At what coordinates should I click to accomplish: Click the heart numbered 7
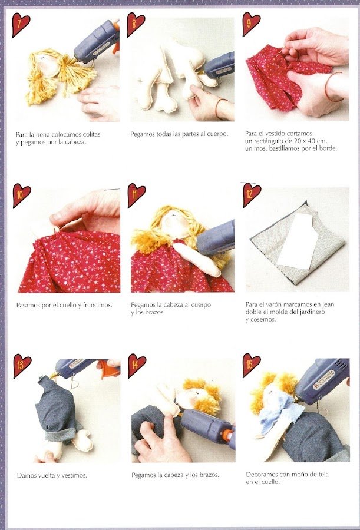[x=21, y=24]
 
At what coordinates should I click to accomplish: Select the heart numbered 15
[x=252, y=365]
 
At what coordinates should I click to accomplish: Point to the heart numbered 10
[x=22, y=196]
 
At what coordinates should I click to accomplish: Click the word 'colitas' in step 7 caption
[x=90, y=134]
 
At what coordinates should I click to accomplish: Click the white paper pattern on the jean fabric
[x=298, y=241]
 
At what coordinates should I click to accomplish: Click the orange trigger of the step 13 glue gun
[x=109, y=369]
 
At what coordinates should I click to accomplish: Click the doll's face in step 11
[x=176, y=224]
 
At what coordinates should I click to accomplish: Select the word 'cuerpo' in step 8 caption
[x=217, y=134]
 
